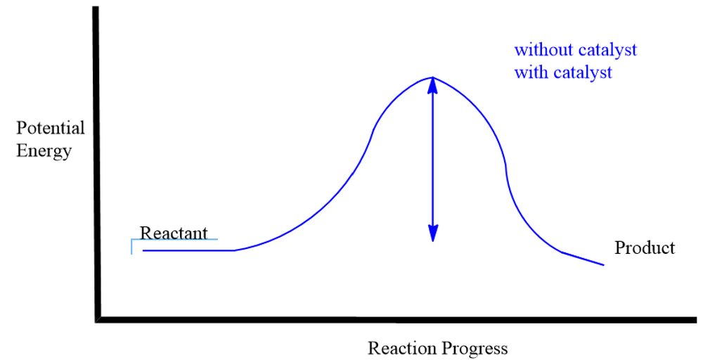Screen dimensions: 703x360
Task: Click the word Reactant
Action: (x=174, y=233)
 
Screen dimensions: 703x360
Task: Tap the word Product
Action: (x=644, y=247)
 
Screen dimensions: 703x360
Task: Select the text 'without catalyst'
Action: (x=575, y=50)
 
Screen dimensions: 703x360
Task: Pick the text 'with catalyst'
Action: (x=563, y=72)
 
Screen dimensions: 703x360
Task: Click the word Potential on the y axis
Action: (x=50, y=128)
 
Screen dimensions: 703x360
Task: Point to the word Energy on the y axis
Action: (x=44, y=150)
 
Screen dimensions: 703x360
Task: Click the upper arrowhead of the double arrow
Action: (x=432, y=85)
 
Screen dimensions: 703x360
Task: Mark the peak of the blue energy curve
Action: (x=432, y=77)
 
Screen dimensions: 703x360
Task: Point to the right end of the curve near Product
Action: (x=604, y=265)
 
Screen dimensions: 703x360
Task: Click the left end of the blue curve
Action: (x=143, y=250)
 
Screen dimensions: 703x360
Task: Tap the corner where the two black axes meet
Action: (x=98, y=320)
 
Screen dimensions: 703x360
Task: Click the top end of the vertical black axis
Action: (x=96, y=7)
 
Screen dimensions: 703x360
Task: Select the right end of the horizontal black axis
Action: (x=696, y=320)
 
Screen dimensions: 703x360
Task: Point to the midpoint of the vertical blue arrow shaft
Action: (x=432, y=160)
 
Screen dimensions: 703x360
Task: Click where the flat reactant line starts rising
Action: (x=235, y=250)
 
